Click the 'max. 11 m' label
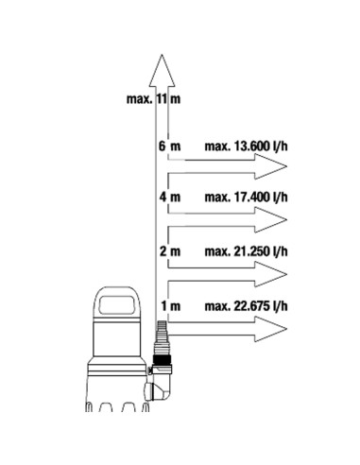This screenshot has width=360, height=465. pyautogui.click(x=153, y=99)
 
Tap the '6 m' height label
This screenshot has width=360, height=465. pyautogui.click(x=169, y=146)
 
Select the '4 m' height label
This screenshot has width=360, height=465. pyautogui.click(x=170, y=198)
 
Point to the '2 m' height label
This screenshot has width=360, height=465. pyautogui.click(x=170, y=251)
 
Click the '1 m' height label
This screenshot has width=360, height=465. pyautogui.click(x=171, y=306)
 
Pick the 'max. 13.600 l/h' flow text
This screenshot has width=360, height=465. pyautogui.click(x=246, y=146)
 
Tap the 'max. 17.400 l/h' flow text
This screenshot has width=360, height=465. pyautogui.click(x=246, y=198)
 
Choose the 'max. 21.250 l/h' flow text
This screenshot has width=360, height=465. pyautogui.click(x=246, y=251)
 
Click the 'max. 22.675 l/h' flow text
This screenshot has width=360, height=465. pyautogui.click(x=246, y=306)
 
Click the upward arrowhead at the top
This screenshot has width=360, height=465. pyautogui.click(x=162, y=71)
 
